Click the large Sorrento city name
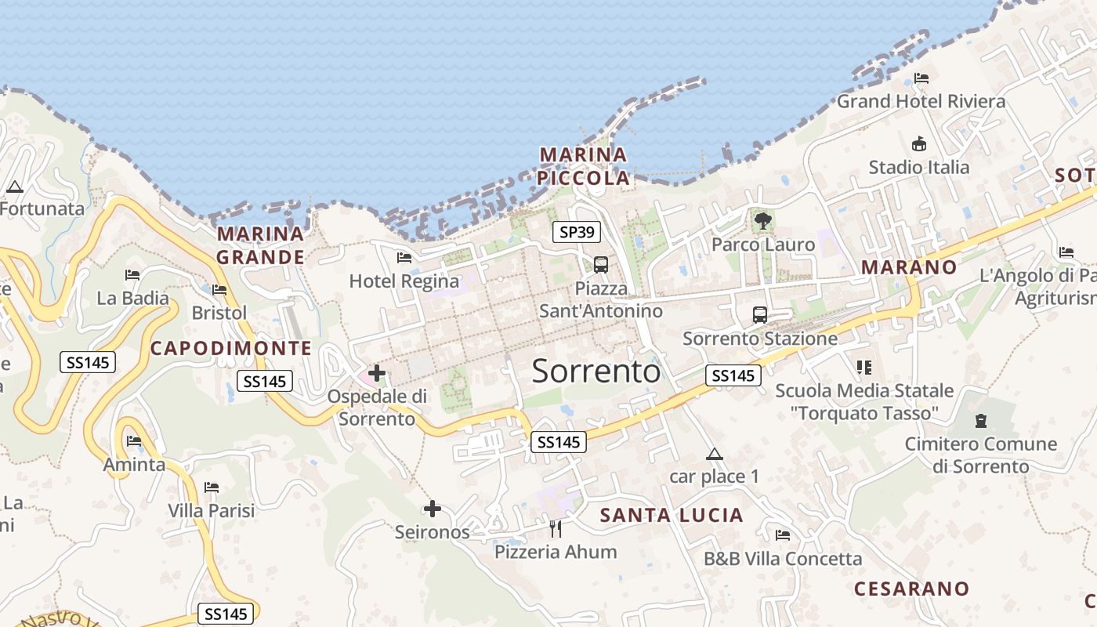coord(596,371)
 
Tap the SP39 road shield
coord(576,232)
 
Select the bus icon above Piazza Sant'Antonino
coord(601,265)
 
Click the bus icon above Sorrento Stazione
coord(760,315)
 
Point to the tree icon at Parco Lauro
coord(762,221)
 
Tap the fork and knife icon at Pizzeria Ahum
coord(556,529)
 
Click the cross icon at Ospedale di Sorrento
coord(377,373)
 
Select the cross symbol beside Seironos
coord(432,509)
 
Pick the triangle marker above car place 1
coord(714,454)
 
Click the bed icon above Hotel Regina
coord(404,257)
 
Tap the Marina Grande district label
coord(260,245)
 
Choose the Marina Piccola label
coord(584,166)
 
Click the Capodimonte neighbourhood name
coord(230,349)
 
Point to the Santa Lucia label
coord(672,515)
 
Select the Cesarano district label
coord(911,589)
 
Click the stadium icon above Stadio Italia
coord(919,144)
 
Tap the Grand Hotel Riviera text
coord(921,101)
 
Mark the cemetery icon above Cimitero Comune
coord(981,421)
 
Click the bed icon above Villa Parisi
coord(212,487)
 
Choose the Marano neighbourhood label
coord(909,267)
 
